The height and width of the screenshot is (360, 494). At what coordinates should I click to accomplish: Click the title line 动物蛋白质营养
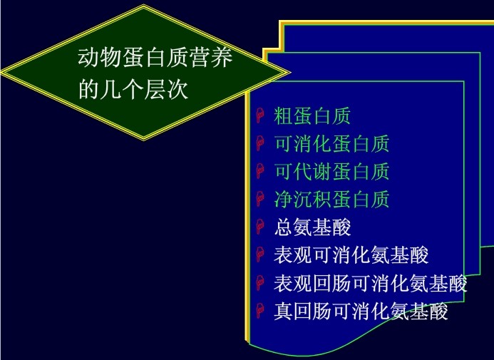155,58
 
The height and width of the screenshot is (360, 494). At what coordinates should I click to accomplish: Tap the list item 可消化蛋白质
331,143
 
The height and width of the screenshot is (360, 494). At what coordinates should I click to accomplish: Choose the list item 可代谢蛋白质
331,172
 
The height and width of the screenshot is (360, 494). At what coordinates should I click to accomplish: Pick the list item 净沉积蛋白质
331,200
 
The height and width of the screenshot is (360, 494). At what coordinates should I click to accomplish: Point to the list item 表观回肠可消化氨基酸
370,284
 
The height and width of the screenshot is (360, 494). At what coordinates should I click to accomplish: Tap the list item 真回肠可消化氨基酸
361,312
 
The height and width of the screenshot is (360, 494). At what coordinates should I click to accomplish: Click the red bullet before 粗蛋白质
260,116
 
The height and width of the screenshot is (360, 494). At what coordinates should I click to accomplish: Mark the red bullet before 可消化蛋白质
260,144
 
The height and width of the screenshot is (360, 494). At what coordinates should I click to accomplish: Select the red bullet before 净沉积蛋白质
260,200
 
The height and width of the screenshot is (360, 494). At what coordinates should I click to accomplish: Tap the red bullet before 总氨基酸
260,228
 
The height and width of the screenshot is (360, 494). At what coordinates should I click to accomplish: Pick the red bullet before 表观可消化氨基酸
260,256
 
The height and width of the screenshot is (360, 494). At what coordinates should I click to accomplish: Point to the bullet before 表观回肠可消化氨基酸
260,284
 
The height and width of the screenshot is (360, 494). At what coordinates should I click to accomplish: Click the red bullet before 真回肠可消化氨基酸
260,312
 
